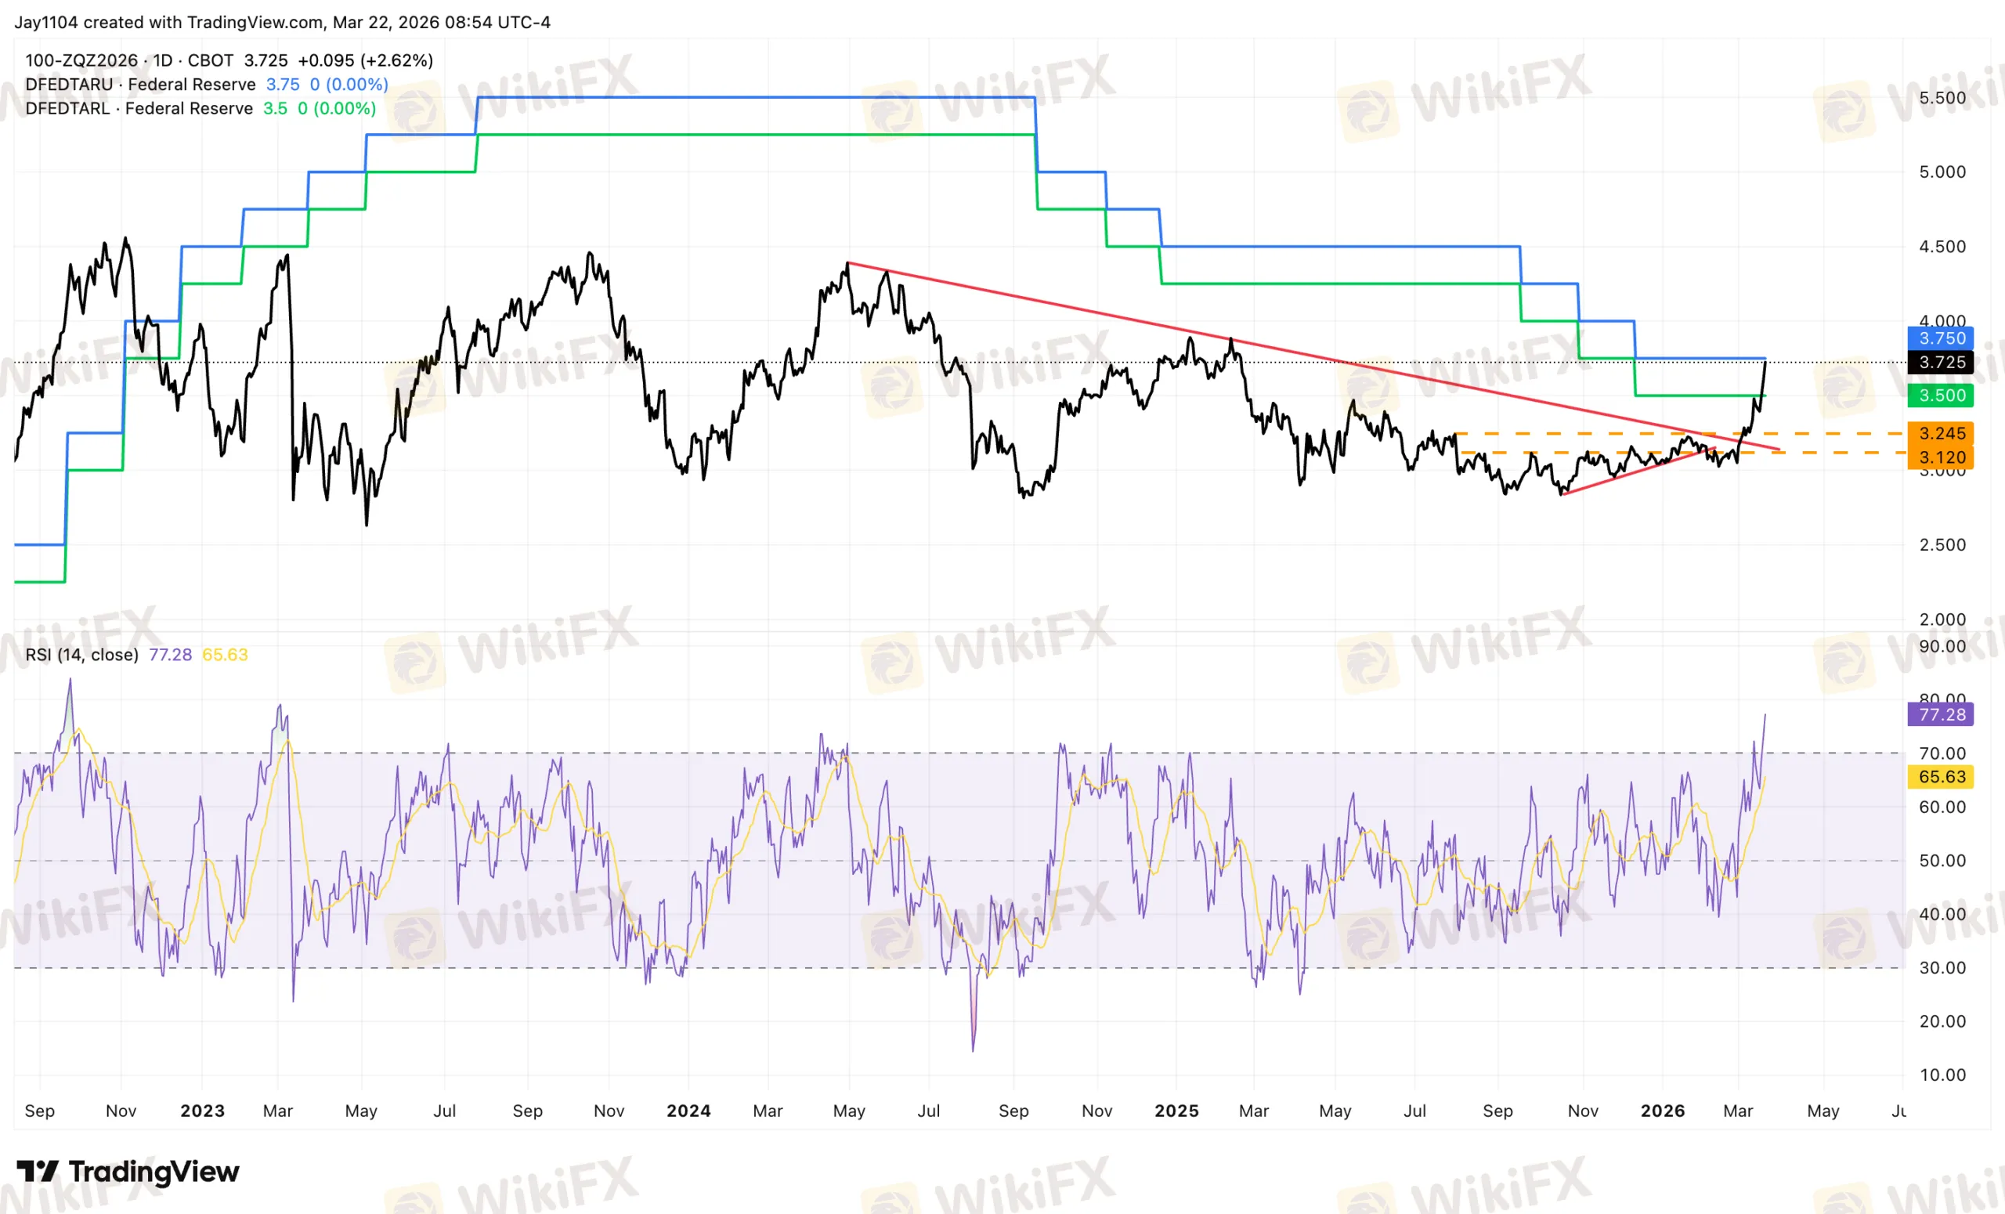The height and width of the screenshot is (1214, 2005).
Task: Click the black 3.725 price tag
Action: [1941, 362]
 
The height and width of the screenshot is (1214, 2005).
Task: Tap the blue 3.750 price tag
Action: [1941, 338]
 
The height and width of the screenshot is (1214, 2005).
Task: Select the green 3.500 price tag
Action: [1941, 396]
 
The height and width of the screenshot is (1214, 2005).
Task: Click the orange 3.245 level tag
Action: [1941, 433]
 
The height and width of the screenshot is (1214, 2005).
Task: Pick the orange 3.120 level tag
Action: [1941, 457]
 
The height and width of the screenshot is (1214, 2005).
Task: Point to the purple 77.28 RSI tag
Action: [1941, 714]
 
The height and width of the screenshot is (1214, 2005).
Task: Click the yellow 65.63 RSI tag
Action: [1941, 776]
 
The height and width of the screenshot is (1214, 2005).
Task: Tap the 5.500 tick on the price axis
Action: [1942, 98]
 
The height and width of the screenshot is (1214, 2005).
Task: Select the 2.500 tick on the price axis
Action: [1942, 544]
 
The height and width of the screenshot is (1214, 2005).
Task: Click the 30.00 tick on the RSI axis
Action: [1942, 967]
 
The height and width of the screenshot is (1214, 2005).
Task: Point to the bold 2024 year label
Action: [688, 1111]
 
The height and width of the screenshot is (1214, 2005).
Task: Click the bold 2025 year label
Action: [1176, 1111]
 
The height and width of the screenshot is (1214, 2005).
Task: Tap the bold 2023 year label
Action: [202, 1111]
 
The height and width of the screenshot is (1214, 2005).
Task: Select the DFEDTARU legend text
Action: [69, 85]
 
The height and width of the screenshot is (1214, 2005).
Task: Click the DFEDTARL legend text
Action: [67, 108]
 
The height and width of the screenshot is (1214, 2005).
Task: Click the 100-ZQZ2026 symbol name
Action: [81, 60]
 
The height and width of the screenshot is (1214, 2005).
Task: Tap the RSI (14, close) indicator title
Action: [81, 655]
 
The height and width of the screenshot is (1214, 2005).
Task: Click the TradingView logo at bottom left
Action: [128, 1172]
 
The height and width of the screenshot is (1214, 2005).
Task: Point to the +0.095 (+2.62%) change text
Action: [365, 60]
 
